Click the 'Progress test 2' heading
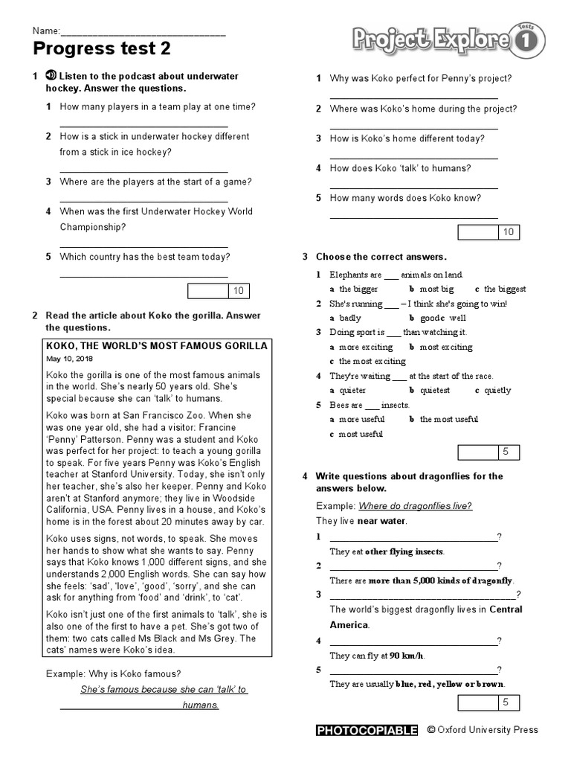(102, 49)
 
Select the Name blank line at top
(142, 31)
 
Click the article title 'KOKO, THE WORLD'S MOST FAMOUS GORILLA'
(157, 346)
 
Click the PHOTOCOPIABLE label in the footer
(367, 730)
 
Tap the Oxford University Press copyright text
(483, 730)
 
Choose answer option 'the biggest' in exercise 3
(505, 289)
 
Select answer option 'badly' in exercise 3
(350, 318)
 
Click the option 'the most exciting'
(372, 361)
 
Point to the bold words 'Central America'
(426, 617)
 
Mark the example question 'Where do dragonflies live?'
(415, 506)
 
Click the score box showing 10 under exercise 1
(219, 291)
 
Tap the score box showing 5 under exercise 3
(488, 452)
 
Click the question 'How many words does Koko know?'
(405, 198)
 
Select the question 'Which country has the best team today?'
(145, 257)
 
